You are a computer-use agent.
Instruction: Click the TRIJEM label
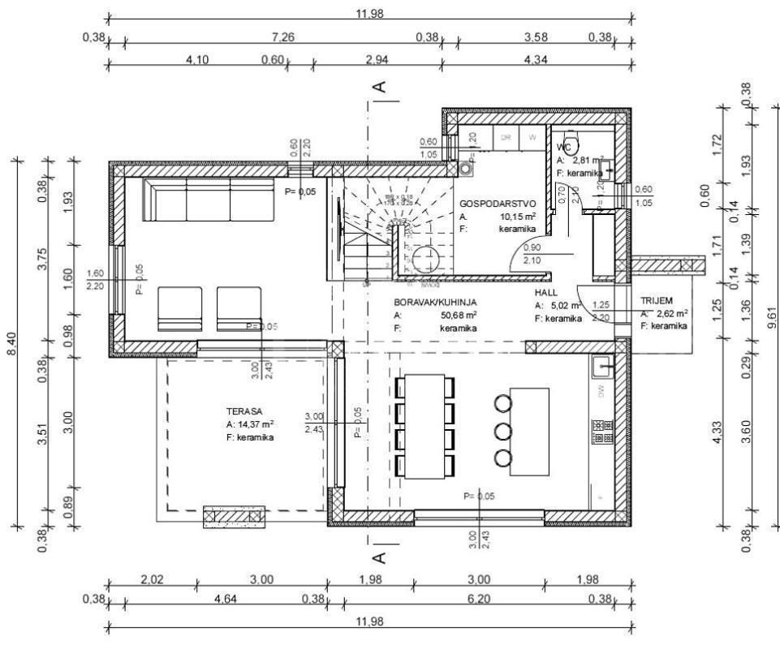(x=657, y=299)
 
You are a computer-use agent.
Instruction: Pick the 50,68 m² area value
(x=459, y=315)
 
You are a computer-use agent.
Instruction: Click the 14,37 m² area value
(x=256, y=424)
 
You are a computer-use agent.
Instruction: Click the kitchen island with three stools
(x=528, y=428)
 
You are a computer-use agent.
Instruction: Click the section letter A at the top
(x=378, y=85)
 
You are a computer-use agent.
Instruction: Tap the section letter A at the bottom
(x=378, y=557)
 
